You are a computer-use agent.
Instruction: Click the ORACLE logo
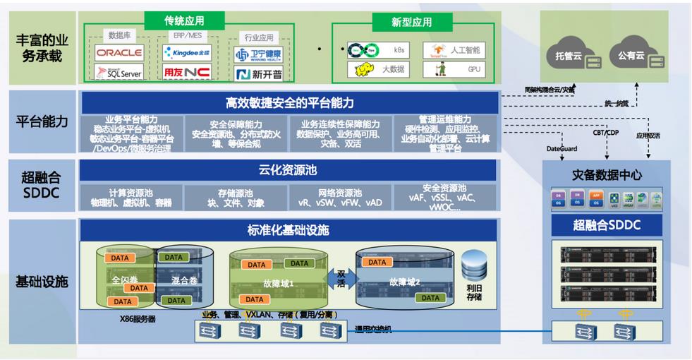(x=119, y=52)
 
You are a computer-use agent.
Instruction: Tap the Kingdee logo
(x=186, y=52)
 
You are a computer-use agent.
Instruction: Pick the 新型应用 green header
(x=412, y=22)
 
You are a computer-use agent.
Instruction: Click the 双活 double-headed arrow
(x=341, y=277)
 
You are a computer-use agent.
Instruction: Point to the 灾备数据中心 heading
(x=607, y=175)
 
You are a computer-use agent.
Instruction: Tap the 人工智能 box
(x=455, y=50)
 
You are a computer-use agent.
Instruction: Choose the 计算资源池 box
(x=131, y=197)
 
